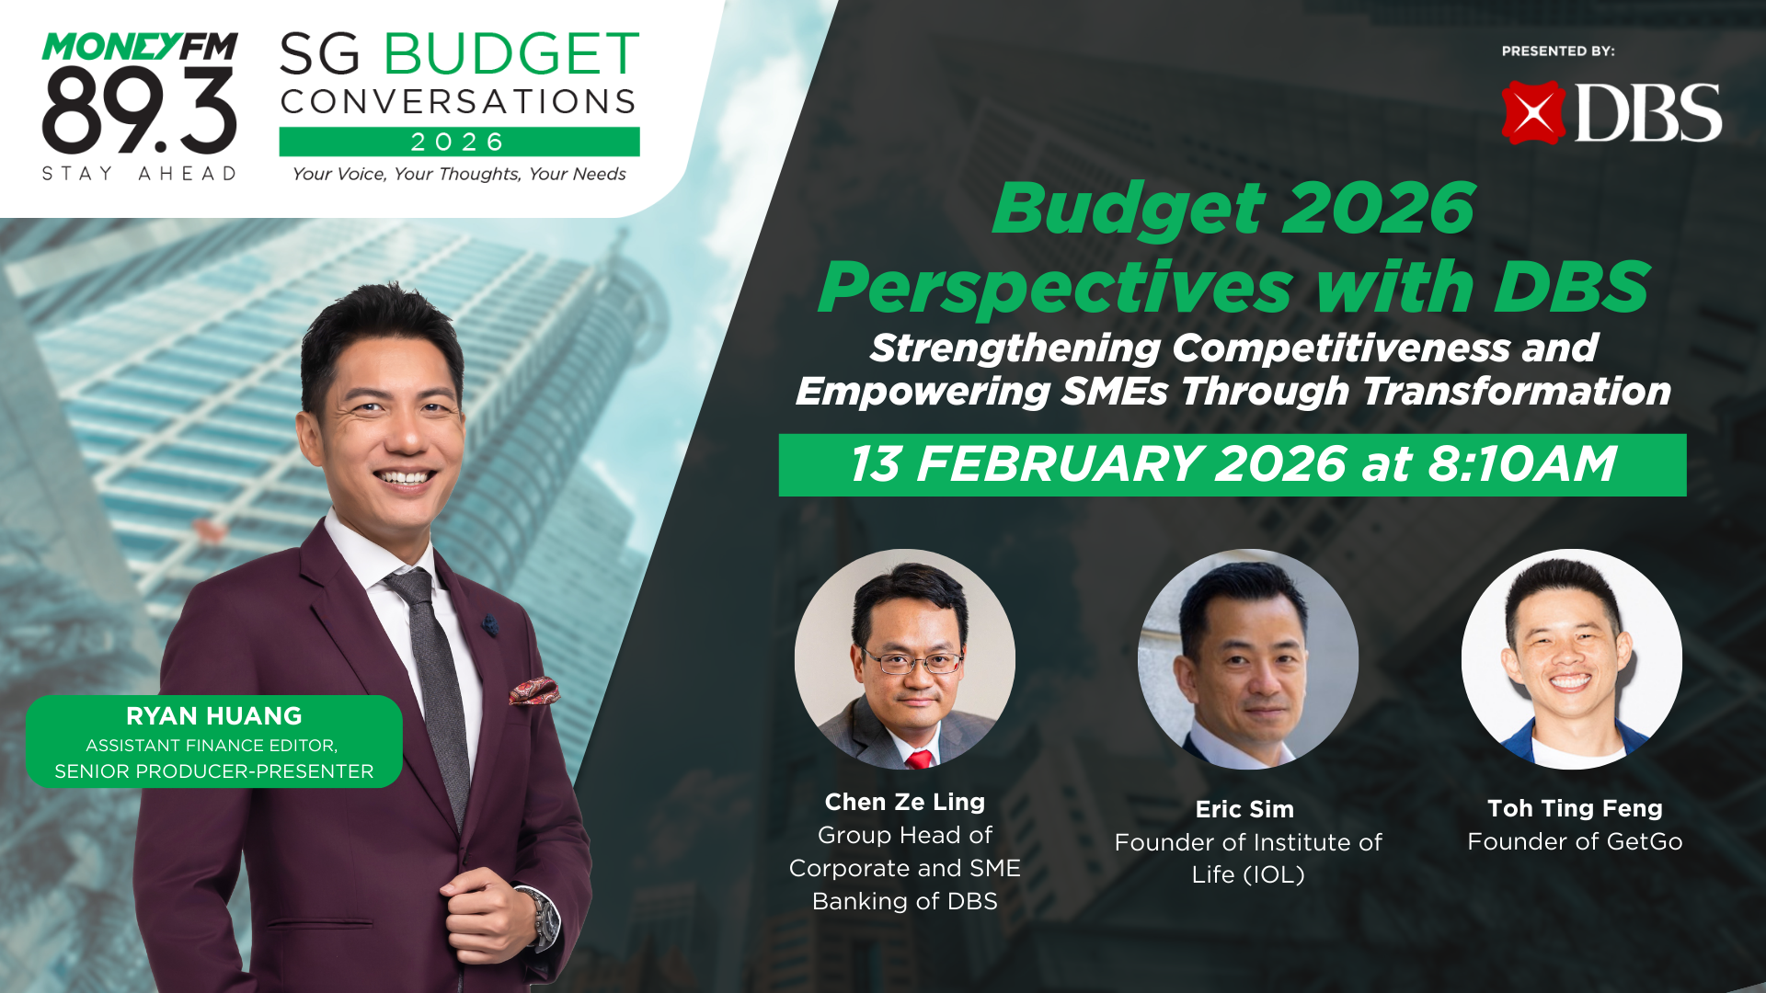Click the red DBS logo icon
point(1533,113)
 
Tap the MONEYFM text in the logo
point(140,47)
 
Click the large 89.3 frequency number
point(140,110)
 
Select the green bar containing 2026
point(459,142)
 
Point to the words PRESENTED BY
point(1558,51)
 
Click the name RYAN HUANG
point(213,715)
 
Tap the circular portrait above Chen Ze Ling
point(905,659)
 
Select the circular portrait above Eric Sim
point(1247,659)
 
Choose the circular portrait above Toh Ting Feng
point(1571,659)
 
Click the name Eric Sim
point(1244,809)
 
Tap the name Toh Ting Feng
point(1575,808)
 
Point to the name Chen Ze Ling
point(905,802)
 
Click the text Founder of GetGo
point(1575,841)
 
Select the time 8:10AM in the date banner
point(1522,464)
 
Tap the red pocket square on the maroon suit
point(533,691)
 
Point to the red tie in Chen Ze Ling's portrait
point(918,759)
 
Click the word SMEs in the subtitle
point(1114,392)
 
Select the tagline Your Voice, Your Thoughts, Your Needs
point(459,174)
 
